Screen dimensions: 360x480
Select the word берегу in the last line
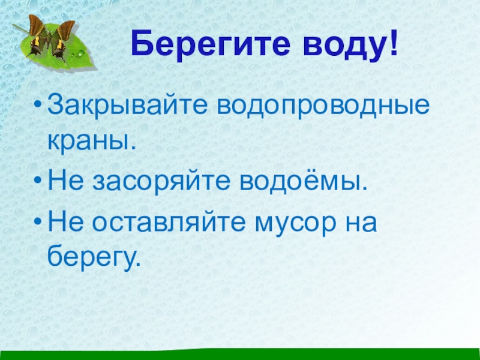pyautogui.click(x=93, y=257)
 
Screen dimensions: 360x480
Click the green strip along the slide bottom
pyautogui.click(x=240, y=355)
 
